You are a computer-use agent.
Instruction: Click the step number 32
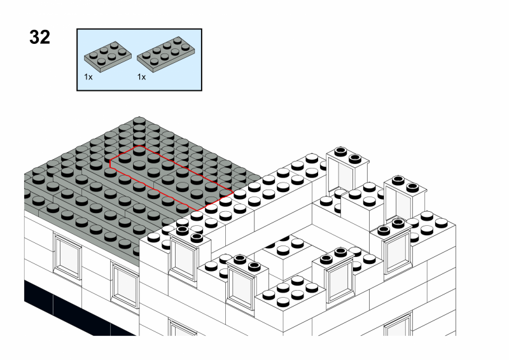point(39,38)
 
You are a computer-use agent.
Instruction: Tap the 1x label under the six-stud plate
point(88,76)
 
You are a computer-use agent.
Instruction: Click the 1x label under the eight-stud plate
point(141,76)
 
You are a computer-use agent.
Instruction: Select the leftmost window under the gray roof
point(67,254)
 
